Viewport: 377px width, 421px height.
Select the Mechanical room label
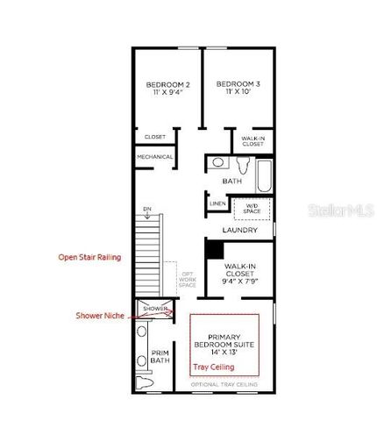(x=154, y=157)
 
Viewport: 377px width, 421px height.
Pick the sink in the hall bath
(x=217, y=163)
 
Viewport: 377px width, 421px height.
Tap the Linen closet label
(x=217, y=204)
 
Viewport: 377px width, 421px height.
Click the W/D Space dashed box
(x=252, y=209)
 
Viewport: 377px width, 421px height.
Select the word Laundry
(x=239, y=230)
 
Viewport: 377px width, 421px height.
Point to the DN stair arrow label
(x=147, y=208)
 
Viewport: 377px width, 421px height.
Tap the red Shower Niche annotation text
(x=99, y=316)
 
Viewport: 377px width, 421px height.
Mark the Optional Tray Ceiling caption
(x=224, y=384)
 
